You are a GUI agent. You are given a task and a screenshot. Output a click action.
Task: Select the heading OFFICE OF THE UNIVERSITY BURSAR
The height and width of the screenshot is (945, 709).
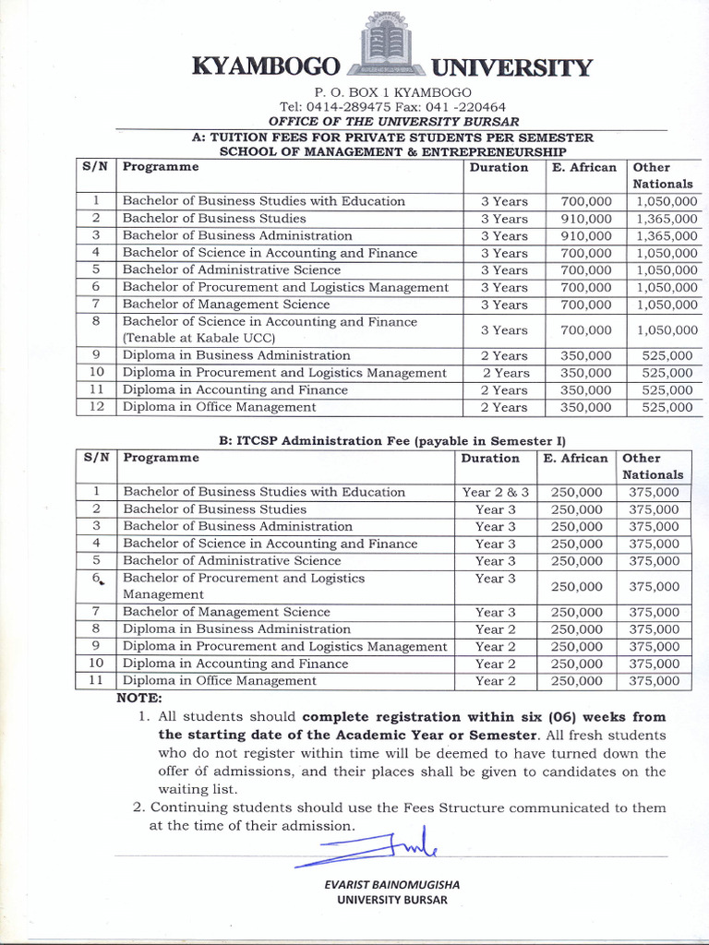[x=393, y=122]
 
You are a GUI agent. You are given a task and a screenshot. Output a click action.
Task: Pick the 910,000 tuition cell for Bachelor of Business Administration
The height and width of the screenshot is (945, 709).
[x=585, y=236]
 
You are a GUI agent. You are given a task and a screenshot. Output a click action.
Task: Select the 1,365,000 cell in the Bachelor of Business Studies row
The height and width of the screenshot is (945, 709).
[x=666, y=219]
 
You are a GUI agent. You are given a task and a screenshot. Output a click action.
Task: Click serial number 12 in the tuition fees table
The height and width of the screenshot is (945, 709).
[x=95, y=407]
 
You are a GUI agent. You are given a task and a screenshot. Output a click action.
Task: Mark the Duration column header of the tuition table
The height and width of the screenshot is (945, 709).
[x=499, y=168]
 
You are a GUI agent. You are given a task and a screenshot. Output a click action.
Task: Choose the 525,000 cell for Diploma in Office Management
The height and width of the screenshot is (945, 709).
[x=666, y=407]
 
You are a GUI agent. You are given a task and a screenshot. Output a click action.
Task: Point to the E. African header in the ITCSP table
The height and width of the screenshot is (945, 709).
[x=575, y=459]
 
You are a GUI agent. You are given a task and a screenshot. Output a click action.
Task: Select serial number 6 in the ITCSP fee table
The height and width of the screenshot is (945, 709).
[x=95, y=579]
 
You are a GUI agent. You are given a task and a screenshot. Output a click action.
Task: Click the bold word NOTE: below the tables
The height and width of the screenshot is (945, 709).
[x=139, y=698]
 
